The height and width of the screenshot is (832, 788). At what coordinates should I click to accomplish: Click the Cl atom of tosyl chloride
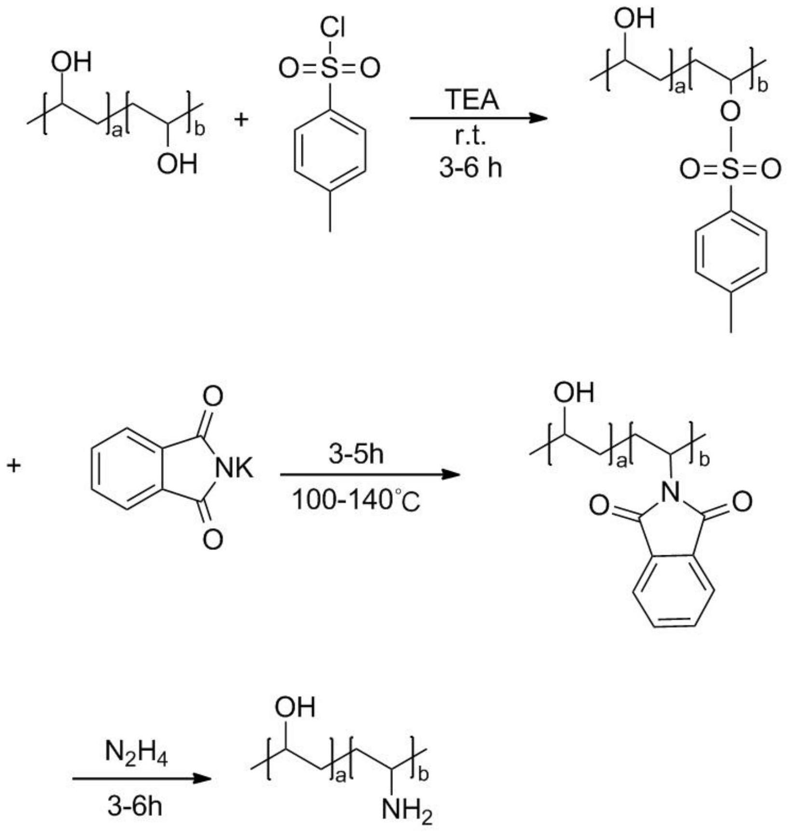tap(332, 28)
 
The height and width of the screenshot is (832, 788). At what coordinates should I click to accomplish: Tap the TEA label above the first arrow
tap(472, 99)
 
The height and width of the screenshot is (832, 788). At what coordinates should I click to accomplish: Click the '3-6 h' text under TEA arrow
tap(470, 168)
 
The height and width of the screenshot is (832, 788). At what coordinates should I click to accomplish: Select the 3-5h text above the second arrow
tap(356, 454)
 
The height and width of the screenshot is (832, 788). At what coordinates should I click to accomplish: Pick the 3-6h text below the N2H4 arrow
tap(135, 806)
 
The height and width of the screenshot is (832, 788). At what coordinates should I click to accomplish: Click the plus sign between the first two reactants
tap(241, 118)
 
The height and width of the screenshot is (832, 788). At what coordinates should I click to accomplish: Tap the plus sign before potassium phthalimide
tap(14, 466)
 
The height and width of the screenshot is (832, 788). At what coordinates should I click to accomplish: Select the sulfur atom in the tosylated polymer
tap(731, 169)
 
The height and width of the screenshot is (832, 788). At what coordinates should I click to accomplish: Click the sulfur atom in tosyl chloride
tap(330, 69)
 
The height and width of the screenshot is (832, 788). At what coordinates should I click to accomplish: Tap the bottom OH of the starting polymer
tap(177, 164)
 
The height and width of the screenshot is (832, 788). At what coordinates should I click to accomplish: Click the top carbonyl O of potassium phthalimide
tap(213, 396)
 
